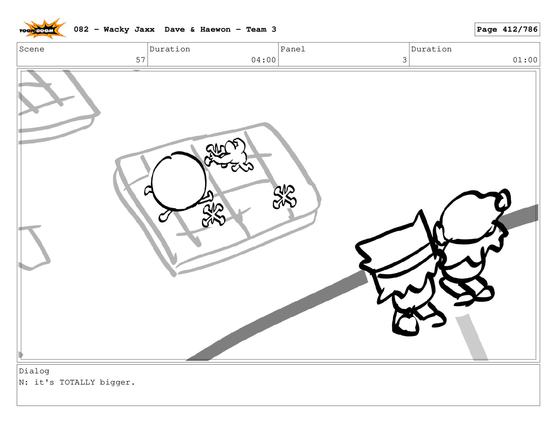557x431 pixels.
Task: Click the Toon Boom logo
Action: click(42, 29)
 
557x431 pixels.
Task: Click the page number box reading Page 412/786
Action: click(507, 29)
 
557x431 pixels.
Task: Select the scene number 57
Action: click(140, 60)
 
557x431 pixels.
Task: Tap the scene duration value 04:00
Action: click(263, 60)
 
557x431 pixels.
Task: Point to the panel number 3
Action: click(404, 60)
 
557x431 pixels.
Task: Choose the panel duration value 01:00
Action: click(525, 60)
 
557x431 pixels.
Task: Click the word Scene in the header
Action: click(32, 49)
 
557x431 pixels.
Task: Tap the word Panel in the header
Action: click(293, 49)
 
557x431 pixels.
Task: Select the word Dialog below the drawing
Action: click(34, 371)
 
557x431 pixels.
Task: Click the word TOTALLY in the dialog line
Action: click(77, 382)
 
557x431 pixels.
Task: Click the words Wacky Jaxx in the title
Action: click(129, 30)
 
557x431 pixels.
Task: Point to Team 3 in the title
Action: click(261, 30)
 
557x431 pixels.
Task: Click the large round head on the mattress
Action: click(179, 181)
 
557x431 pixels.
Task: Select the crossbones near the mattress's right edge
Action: click(284, 197)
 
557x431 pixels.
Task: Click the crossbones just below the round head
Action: click(213, 215)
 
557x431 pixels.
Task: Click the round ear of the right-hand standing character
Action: click(504, 199)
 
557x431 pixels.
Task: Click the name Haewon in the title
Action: click(215, 30)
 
